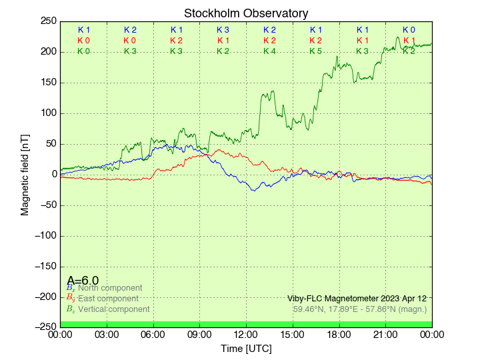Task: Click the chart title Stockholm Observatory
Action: coord(246,13)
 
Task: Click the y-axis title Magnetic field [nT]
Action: coord(25,174)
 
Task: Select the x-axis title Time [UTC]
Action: coord(246,349)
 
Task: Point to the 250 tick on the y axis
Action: coord(48,21)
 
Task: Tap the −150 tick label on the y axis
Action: coord(45,266)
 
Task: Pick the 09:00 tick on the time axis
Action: coord(200,334)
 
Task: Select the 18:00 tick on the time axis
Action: coord(339,334)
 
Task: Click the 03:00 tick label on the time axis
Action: coord(107,334)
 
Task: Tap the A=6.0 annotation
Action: coord(83,281)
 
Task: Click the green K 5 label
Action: coord(316,51)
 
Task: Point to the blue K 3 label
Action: coord(223,30)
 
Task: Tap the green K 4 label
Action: coord(269,51)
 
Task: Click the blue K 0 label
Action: coord(409,30)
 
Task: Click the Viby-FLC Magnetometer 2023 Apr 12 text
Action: coord(357,298)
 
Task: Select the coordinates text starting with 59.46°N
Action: coord(360,309)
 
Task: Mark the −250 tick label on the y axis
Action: coord(45,327)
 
